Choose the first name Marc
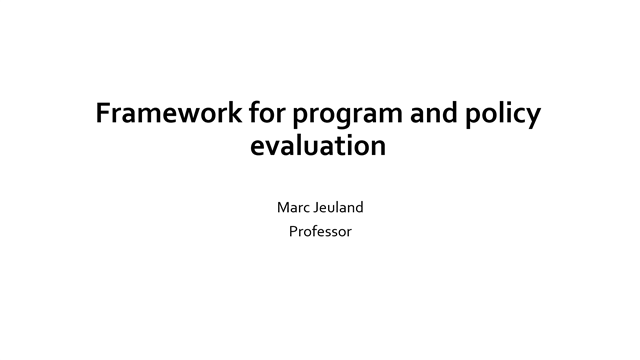(x=291, y=210)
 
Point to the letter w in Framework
(x=179, y=116)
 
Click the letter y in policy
(x=534, y=118)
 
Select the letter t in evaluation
(x=337, y=147)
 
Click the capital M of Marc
(x=281, y=210)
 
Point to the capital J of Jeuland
(x=315, y=210)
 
